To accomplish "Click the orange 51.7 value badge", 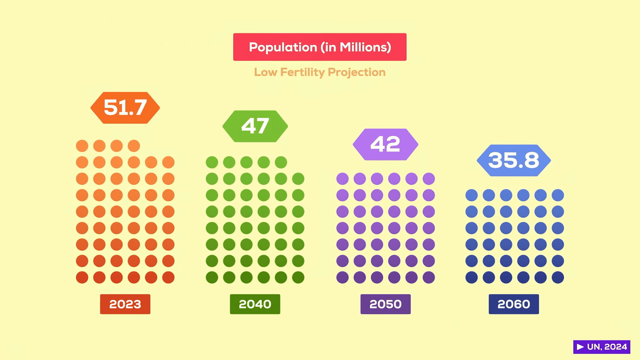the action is [125, 108].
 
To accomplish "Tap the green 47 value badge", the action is [255, 126].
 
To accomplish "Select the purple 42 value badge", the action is [385, 144].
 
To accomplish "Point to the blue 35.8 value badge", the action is [514, 160].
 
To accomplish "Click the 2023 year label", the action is [125, 304].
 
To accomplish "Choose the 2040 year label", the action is [255, 304].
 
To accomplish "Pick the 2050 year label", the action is [385, 304].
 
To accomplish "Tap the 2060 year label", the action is [514, 304].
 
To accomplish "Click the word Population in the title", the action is [283, 47].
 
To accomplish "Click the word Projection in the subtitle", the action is [357, 72].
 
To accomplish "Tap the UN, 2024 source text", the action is [607, 347].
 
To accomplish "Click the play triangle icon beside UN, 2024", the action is [580, 347].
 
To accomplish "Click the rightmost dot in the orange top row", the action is [134, 146].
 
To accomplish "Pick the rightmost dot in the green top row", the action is [281, 162].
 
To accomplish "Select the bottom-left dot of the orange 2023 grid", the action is [82, 277].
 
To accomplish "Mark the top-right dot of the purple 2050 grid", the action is [429, 179].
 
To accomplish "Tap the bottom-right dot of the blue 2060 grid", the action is [558, 277].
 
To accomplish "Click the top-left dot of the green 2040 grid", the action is [212, 162].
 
